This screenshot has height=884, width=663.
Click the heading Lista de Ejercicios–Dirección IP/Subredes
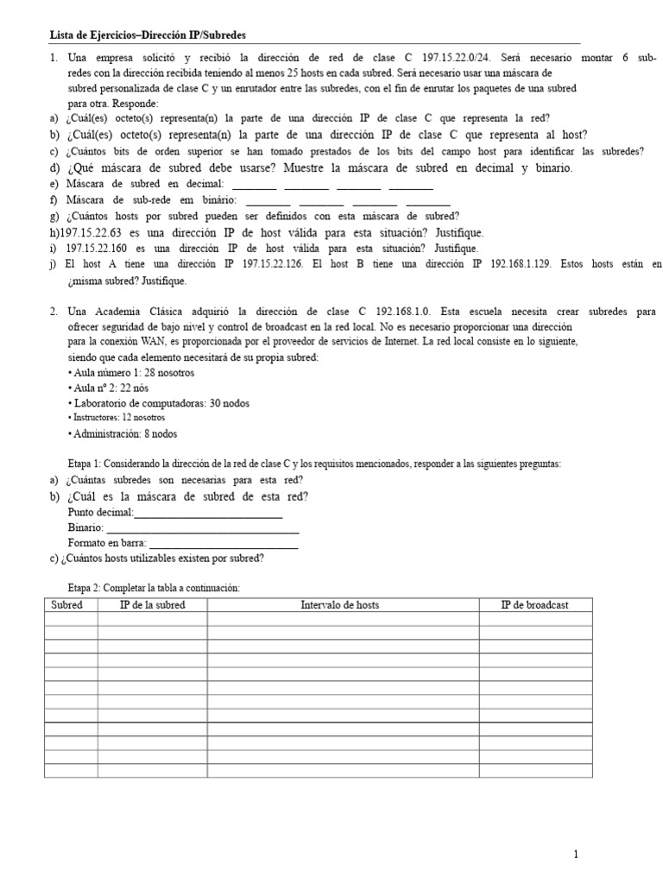(x=148, y=35)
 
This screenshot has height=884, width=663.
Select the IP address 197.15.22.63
(x=94, y=233)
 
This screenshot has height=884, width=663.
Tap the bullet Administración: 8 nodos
(x=124, y=434)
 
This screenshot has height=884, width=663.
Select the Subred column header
(x=66, y=605)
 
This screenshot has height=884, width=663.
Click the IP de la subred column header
(x=152, y=605)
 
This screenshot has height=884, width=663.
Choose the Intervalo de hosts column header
(x=339, y=605)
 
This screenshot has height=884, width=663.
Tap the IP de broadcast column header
(x=534, y=605)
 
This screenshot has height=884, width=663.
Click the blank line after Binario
(x=202, y=531)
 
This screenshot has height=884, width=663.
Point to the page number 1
(x=576, y=855)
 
